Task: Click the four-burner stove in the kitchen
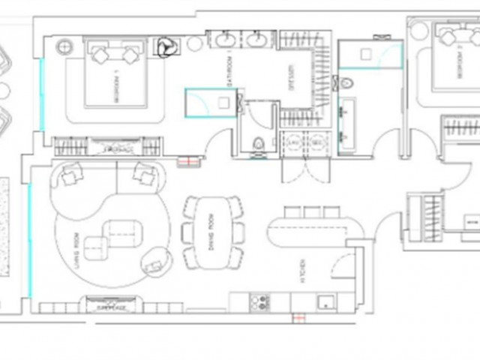[259, 302]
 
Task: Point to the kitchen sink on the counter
[325, 302]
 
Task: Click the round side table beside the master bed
[63, 46]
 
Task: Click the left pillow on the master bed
[100, 53]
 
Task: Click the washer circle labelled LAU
[295, 142]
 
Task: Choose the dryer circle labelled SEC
[316, 142]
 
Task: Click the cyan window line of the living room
[30, 240]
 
